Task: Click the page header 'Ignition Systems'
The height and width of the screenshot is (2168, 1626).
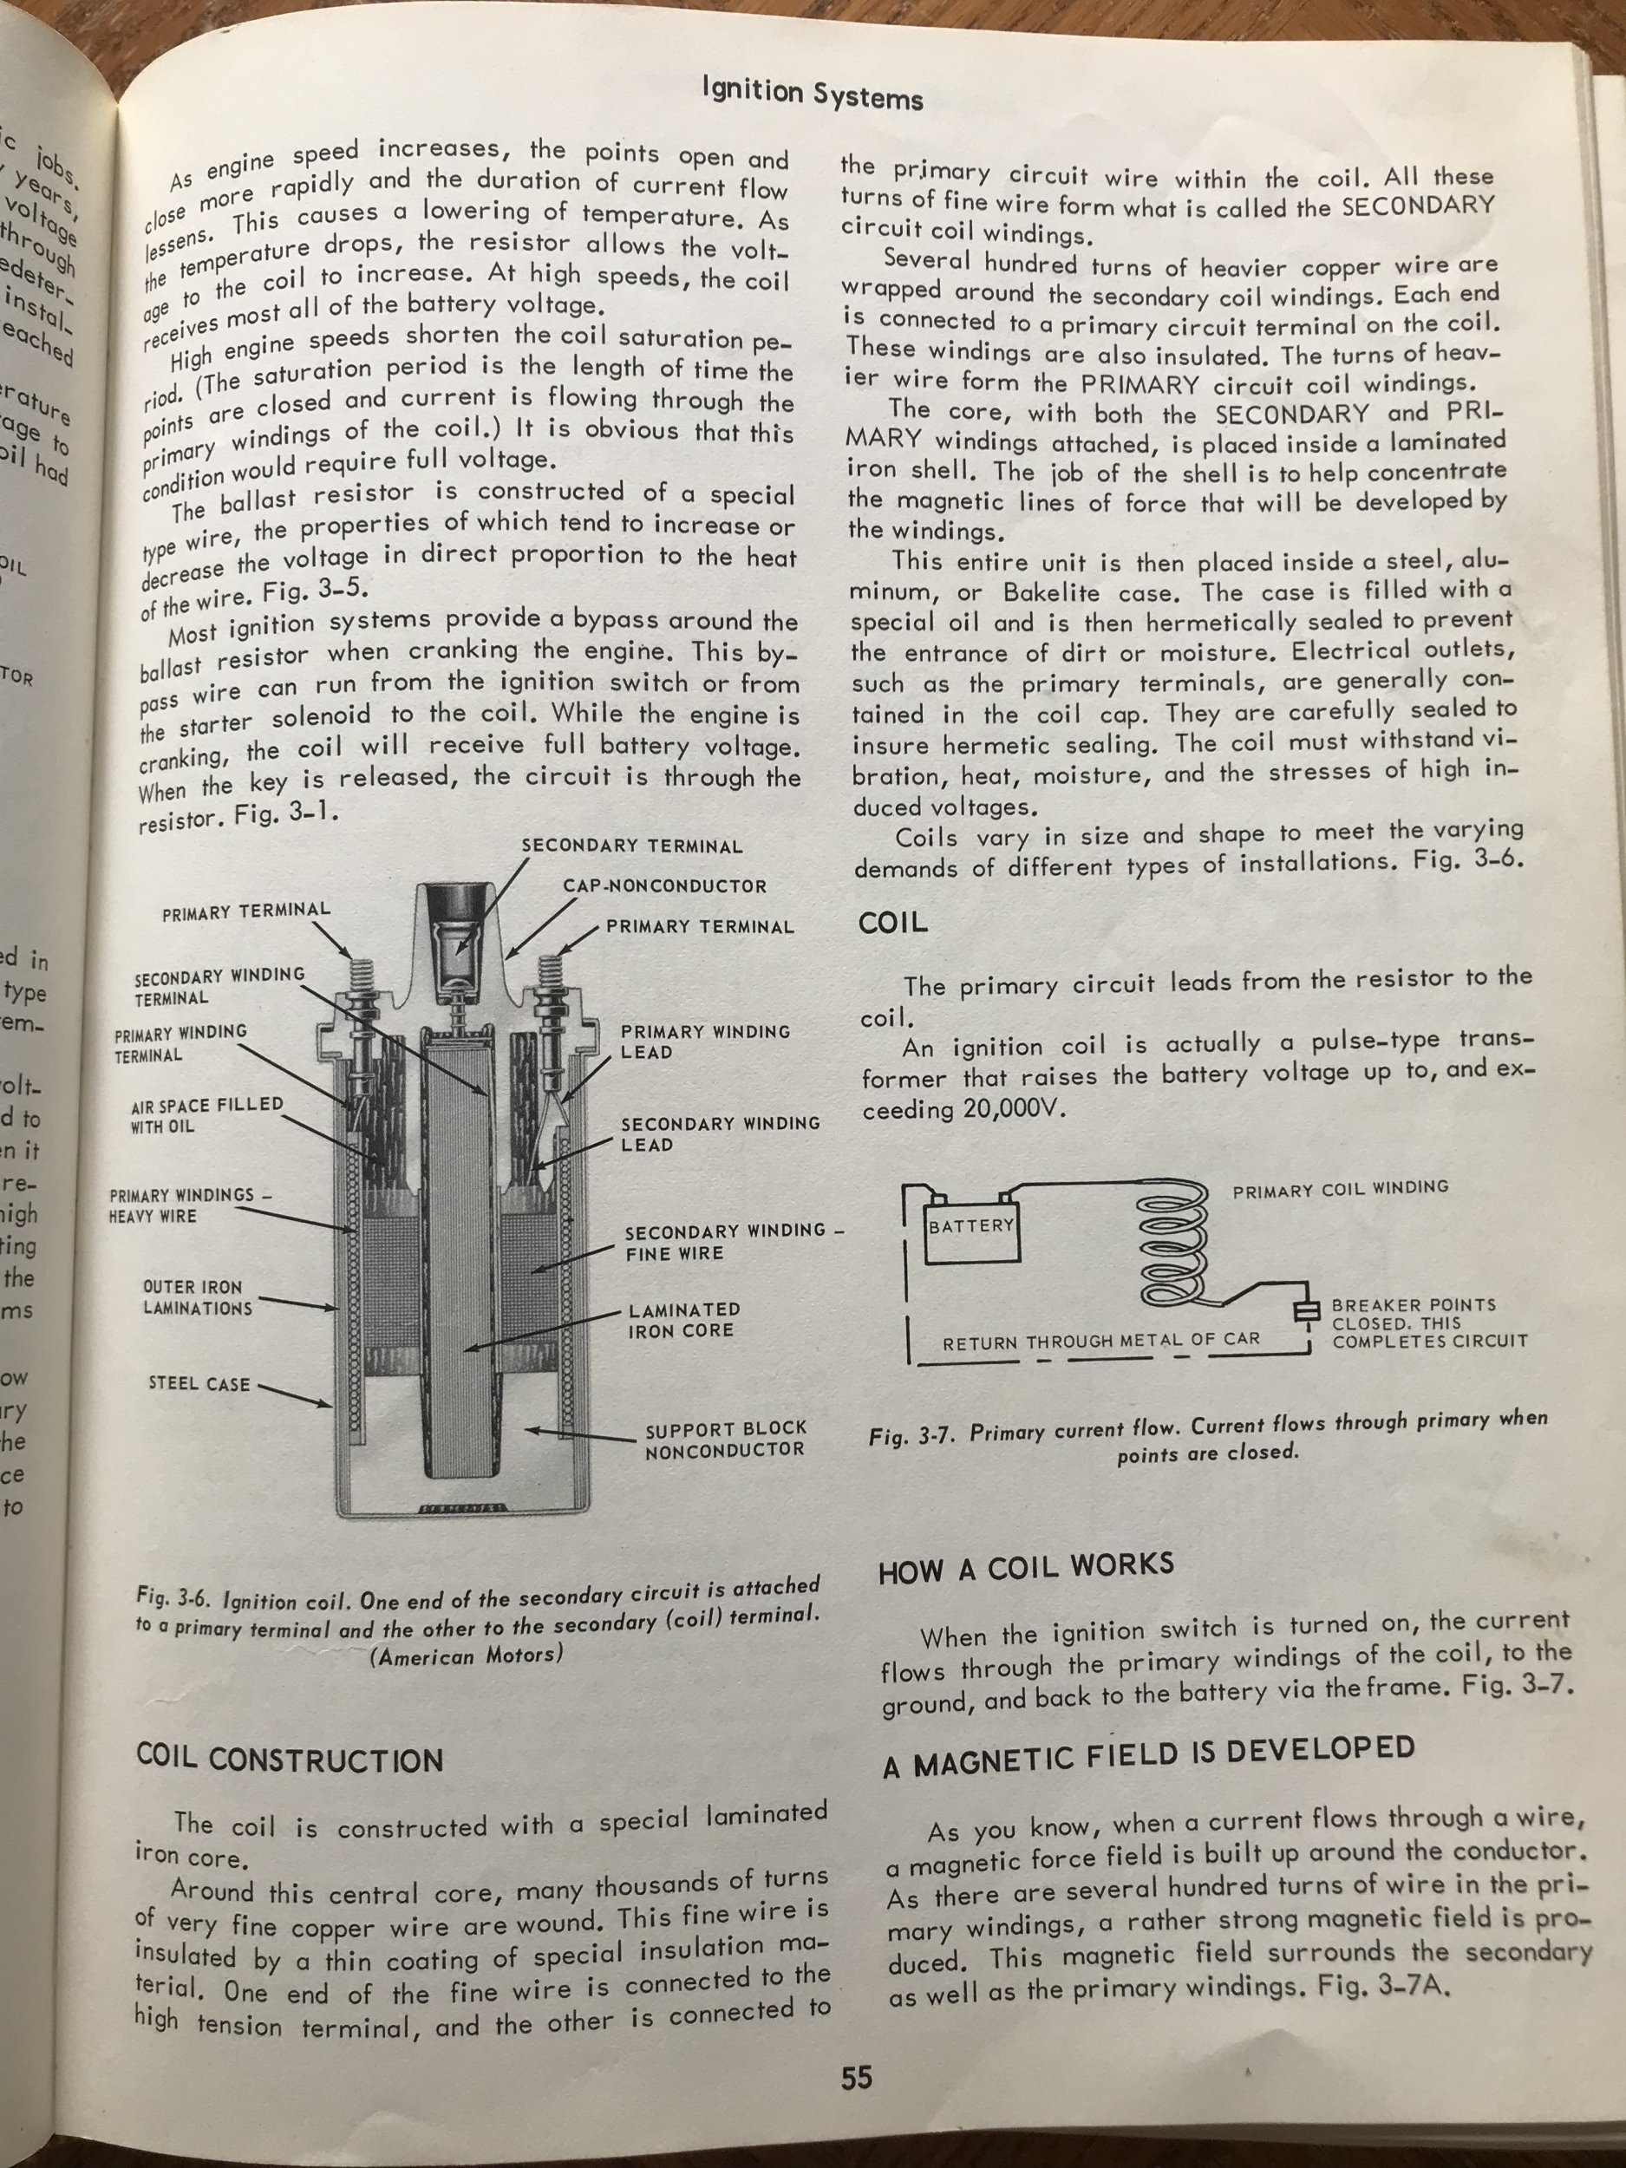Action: point(813,95)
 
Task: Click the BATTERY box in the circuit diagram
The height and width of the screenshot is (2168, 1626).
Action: point(971,1227)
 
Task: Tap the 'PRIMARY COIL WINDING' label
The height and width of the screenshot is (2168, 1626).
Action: point(1340,1189)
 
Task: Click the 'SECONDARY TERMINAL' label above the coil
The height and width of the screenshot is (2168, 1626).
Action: point(631,846)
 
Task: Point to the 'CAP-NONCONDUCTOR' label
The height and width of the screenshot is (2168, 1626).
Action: point(664,886)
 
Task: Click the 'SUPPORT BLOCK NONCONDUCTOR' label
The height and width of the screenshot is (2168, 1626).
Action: point(724,1439)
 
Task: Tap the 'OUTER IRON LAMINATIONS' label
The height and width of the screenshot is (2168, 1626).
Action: point(197,1297)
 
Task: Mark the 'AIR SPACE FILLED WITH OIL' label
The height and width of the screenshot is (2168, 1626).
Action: point(206,1115)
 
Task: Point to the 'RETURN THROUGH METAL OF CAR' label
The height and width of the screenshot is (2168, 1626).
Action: point(1100,1340)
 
